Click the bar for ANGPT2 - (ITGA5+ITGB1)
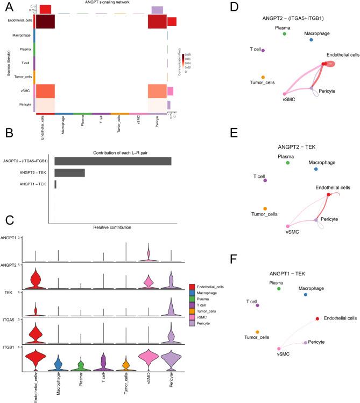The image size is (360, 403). [x=112, y=161]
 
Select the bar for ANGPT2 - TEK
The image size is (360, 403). [x=69, y=172]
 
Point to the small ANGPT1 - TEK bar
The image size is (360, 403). [x=55, y=184]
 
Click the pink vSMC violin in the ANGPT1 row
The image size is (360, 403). [x=147, y=255]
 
